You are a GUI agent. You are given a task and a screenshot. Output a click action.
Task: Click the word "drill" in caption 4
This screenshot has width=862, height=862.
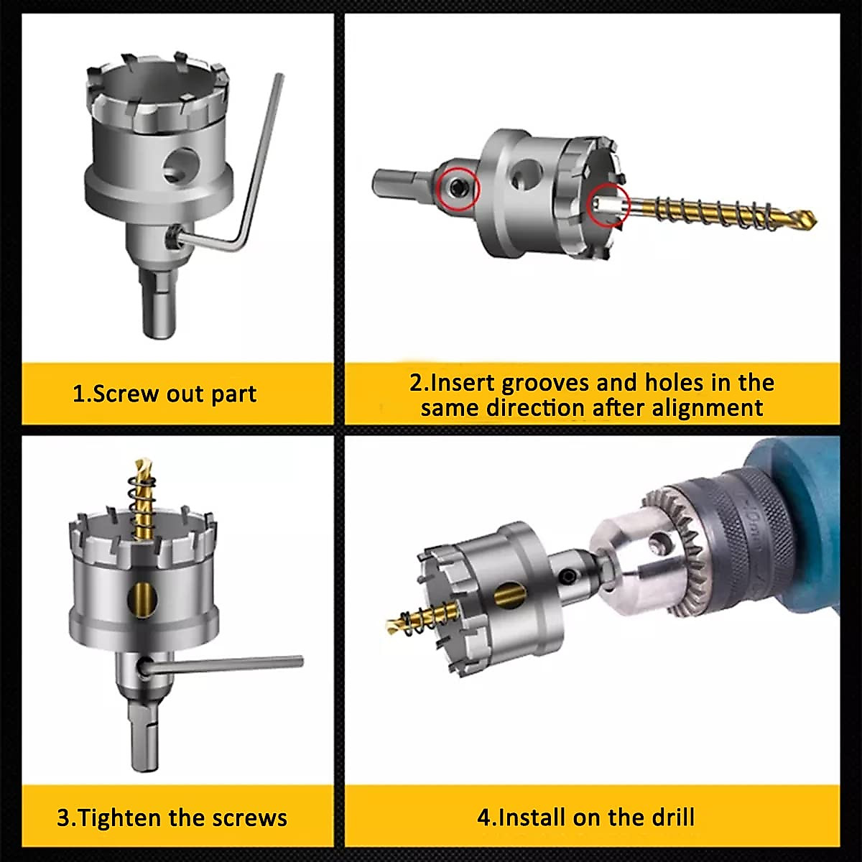coord(669,817)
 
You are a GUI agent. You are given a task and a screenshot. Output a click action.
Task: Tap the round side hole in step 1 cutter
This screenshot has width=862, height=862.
coord(177,166)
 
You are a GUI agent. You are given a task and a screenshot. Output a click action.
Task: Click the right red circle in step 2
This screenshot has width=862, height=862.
coord(607,204)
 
